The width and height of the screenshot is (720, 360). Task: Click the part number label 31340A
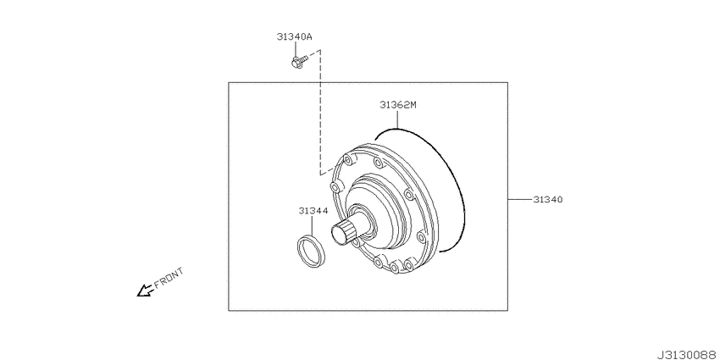(293, 36)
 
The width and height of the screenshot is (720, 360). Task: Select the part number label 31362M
(397, 105)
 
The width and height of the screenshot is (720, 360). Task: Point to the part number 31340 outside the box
(548, 200)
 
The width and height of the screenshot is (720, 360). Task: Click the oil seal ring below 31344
(309, 252)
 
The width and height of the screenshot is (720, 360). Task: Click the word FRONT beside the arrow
(169, 279)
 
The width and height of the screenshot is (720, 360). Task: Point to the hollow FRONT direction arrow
(145, 291)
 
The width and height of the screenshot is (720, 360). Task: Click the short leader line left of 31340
(518, 200)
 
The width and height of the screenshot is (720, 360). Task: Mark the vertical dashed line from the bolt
(320, 110)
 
